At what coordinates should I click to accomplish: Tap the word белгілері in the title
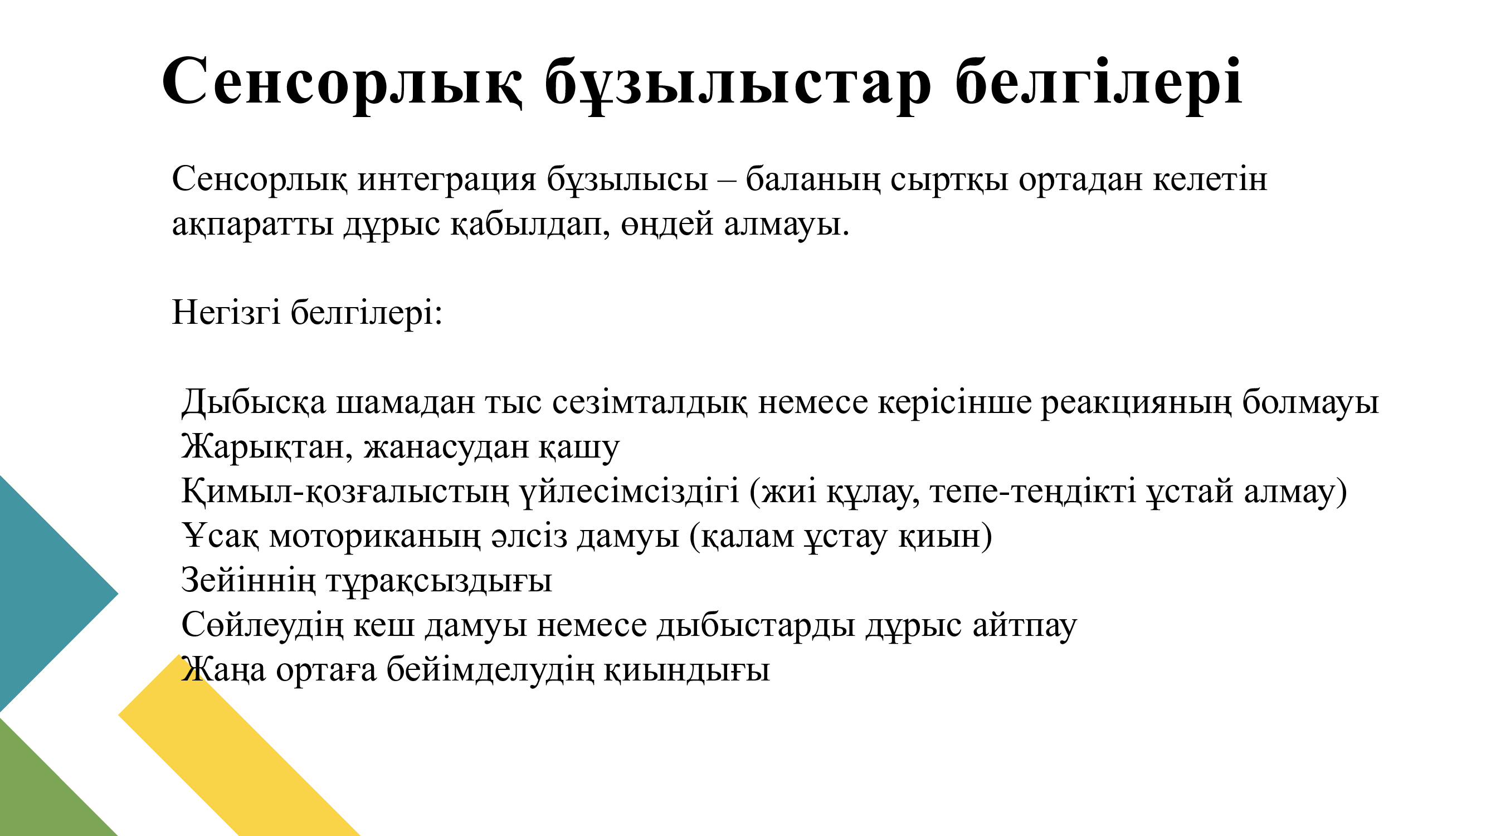1098,81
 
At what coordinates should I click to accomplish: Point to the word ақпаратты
252,225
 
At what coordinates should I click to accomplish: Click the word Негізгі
226,314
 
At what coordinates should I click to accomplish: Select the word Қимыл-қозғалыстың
345,492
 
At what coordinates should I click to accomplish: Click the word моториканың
374,537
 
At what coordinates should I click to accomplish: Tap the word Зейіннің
249,580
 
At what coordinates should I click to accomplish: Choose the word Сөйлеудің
262,625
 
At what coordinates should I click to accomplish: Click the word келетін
1210,180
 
